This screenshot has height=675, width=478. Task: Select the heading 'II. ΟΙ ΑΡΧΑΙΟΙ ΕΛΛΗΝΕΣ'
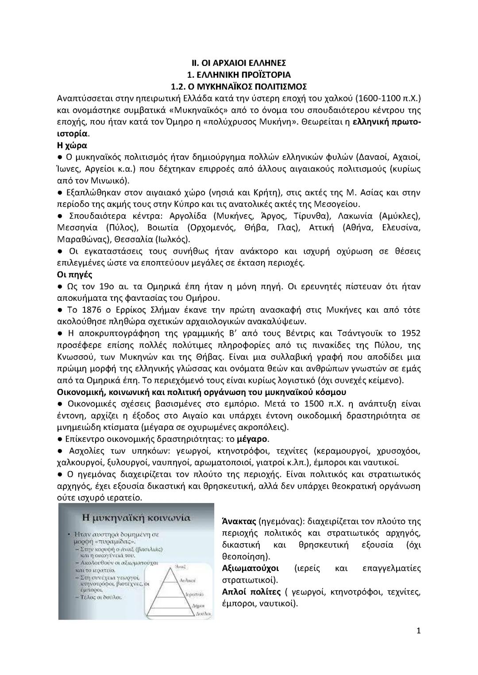pyautogui.click(x=239, y=62)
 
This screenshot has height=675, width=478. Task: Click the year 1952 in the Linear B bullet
pyautogui.click(x=410, y=333)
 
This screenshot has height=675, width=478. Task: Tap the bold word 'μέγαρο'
pyautogui.click(x=252, y=439)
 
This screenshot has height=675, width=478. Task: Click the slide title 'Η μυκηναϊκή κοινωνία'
pyautogui.click(x=136, y=517)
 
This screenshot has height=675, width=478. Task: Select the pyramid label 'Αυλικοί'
pyautogui.click(x=188, y=579)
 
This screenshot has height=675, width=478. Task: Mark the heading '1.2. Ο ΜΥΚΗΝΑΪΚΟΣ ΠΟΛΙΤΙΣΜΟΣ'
pyautogui.click(x=239, y=86)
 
